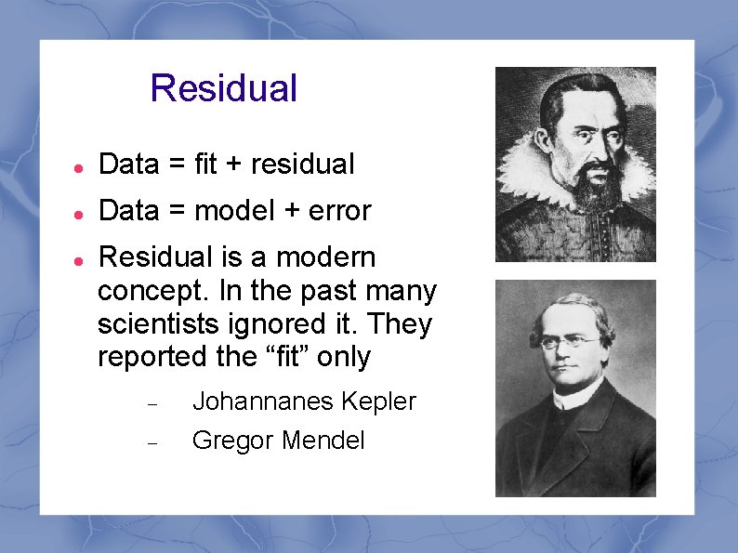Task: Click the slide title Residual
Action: pyautogui.click(x=223, y=88)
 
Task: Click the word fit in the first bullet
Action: pyautogui.click(x=206, y=165)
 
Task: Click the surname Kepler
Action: pyautogui.click(x=378, y=402)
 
